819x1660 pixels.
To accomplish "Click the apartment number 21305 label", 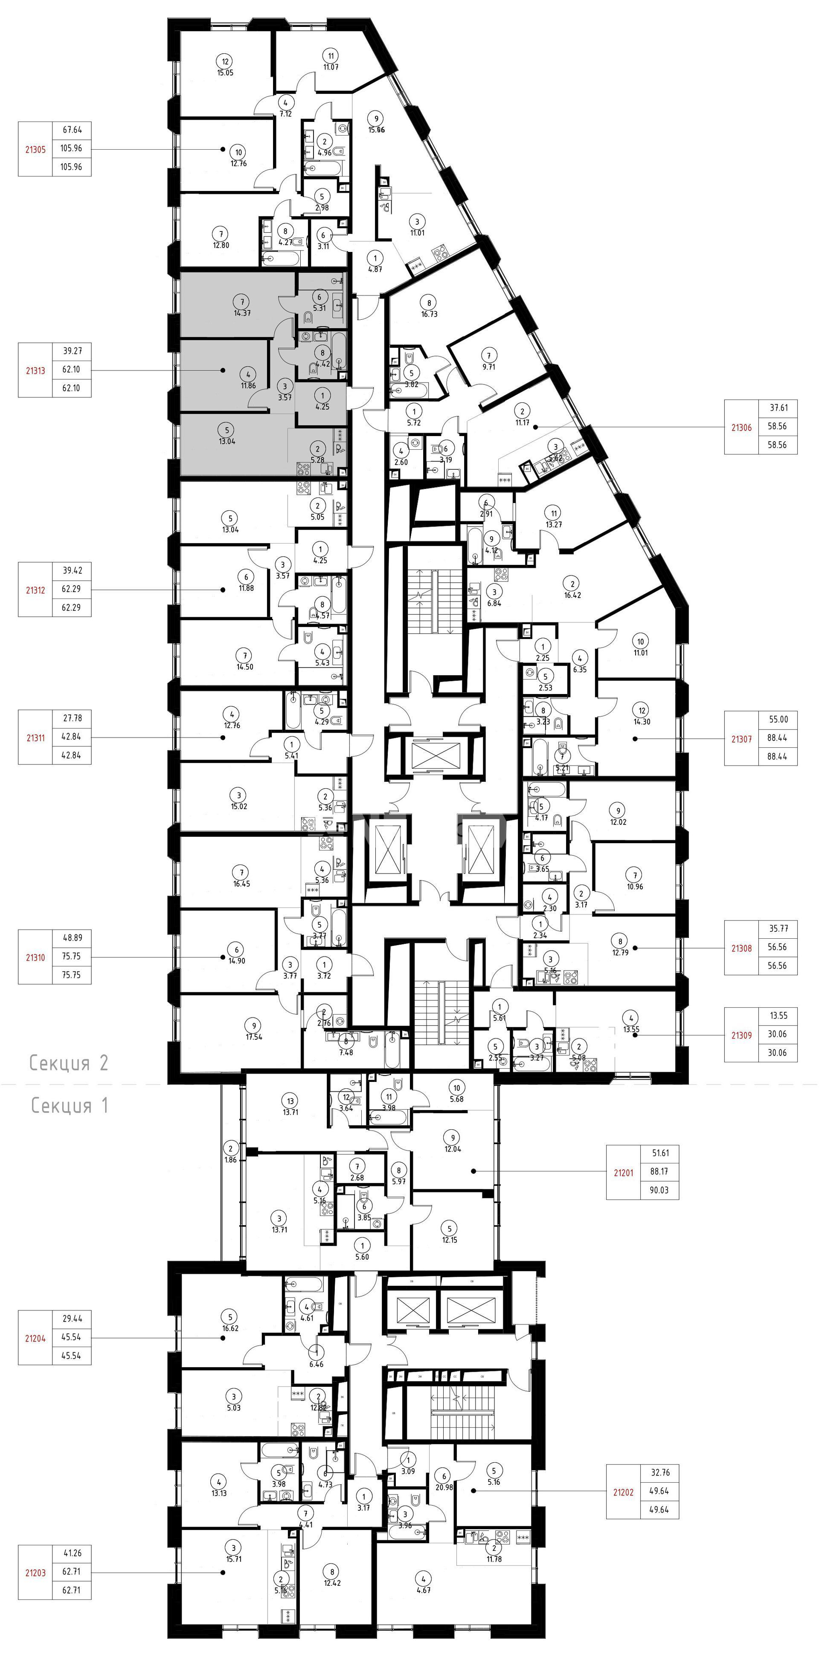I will coord(35,149).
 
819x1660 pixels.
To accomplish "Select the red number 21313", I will coord(35,370).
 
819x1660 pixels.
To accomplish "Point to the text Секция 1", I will coord(70,1106).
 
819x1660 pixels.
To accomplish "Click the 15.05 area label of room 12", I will coord(225,73).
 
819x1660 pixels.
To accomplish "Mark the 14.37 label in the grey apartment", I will coord(242,313).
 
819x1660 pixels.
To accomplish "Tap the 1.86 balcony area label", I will coord(230,1159).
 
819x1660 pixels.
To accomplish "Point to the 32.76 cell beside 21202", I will coord(659,1472).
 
